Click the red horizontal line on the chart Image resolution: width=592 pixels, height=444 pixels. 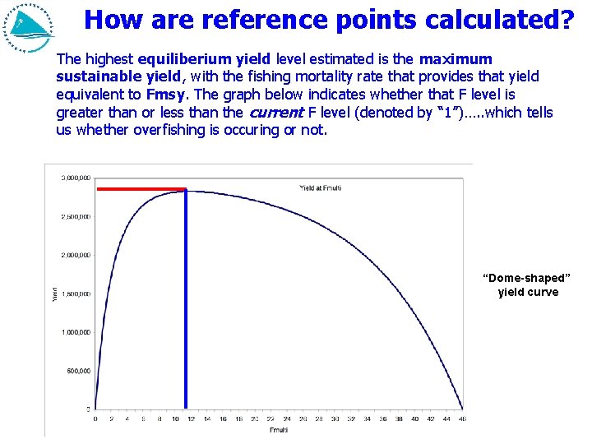(x=141, y=189)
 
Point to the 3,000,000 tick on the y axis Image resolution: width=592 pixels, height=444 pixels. (x=75, y=178)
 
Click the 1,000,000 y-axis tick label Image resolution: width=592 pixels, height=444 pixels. (x=75, y=332)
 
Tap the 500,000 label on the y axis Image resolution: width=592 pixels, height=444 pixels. (x=78, y=371)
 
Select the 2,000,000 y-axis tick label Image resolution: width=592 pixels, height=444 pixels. (x=75, y=255)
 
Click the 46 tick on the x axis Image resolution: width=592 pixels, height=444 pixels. (x=463, y=419)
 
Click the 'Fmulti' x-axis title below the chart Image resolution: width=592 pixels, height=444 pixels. (x=280, y=430)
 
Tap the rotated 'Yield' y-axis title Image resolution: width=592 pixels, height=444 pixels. (x=55, y=294)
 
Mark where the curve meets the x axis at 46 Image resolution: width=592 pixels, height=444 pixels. (x=463, y=409)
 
